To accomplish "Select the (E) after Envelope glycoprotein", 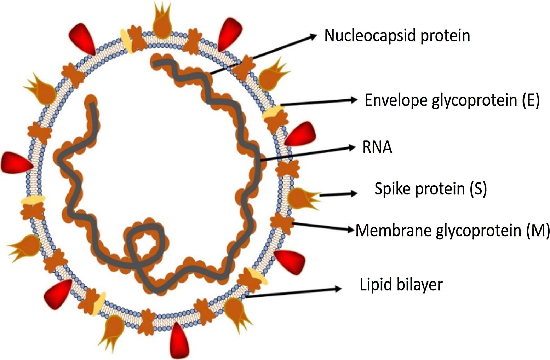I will click(x=531, y=100).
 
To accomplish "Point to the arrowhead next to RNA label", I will click(x=351, y=147).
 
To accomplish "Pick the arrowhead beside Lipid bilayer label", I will click(x=338, y=289).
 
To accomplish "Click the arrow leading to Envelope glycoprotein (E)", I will click(x=319, y=102).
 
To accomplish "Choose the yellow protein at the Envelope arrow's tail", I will click(x=272, y=111).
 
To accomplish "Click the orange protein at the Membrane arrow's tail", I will click(x=282, y=222).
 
